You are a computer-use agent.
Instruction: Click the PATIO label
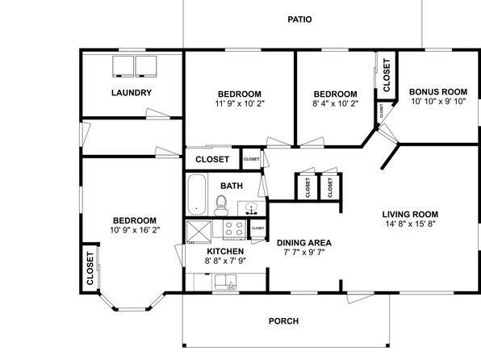(x=299, y=19)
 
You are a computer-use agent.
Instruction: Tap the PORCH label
(x=283, y=321)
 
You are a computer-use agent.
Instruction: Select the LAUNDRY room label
(x=132, y=93)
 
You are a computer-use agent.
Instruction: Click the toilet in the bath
(x=221, y=205)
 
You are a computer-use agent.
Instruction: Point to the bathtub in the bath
(x=196, y=195)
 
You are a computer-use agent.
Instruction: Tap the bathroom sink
(x=252, y=208)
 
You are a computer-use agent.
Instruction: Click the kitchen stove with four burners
(x=234, y=229)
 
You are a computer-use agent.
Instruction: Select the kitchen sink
(x=225, y=282)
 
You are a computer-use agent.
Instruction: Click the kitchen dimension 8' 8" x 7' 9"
(x=225, y=261)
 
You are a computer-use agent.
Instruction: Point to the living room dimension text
(x=410, y=224)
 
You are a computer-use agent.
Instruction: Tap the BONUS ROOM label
(x=438, y=92)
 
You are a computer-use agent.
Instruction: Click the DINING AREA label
(x=304, y=243)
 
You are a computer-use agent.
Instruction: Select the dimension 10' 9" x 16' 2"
(x=135, y=230)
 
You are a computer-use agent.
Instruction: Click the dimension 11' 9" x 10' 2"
(x=240, y=103)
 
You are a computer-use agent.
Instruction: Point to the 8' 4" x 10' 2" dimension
(x=335, y=103)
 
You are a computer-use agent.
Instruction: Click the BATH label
(x=232, y=186)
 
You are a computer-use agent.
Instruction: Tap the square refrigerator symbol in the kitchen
(x=199, y=232)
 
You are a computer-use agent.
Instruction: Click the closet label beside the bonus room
(x=387, y=75)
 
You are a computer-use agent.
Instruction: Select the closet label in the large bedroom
(x=90, y=268)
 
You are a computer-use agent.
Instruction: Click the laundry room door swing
(x=157, y=113)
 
